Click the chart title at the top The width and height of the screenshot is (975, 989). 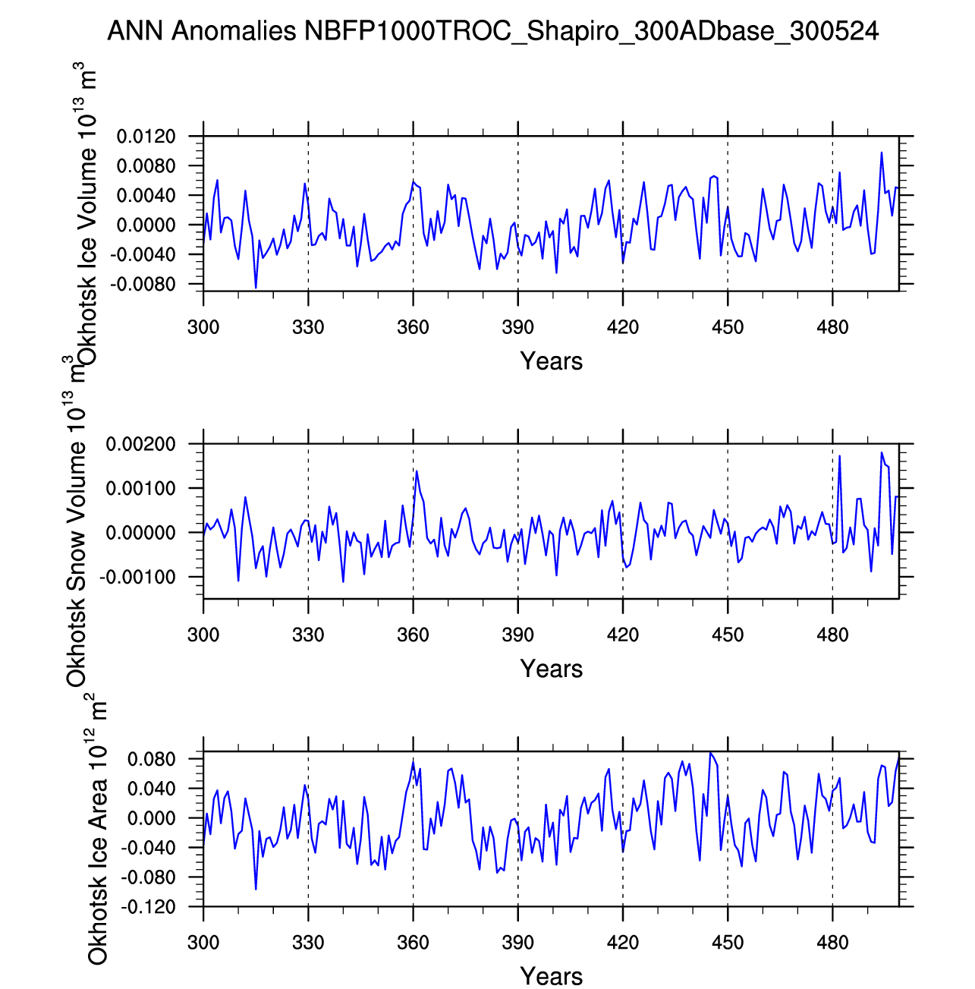pyautogui.click(x=493, y=31)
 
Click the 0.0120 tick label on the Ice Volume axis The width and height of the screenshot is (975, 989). pyautogui.click(x=146, y=137)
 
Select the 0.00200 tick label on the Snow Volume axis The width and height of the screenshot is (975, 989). pyautogui.click(x=140, y=445)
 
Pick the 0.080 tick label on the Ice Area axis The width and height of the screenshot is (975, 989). pyautogui.click(x=152, y=760)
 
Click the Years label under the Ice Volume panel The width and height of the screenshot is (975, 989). pyautogui.click(x=551, y=361)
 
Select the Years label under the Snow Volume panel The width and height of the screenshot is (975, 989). pyautogui.click(x=551, y=669)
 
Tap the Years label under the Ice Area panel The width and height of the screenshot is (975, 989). pyautogui.click(x=551, y=976)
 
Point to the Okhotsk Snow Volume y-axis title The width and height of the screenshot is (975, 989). pyautogui.click(x=77, y=524)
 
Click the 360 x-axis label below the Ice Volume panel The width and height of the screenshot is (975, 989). pyautogui.click(x=413, y=328)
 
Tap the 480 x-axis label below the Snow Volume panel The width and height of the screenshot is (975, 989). pyautogui.click(x=832, y=635)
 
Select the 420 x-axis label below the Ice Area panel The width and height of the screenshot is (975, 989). pyautogui.click(x=622, y=943)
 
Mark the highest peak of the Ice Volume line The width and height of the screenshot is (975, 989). pyautogui.click(x=882, y=153)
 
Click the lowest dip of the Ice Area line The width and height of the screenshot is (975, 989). pyautogui.click(x=256, y=889)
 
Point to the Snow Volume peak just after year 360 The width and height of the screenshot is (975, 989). pyautogui.click(x=417, y=471)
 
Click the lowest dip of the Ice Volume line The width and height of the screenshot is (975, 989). pyautogui.click(x=256, y=288)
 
